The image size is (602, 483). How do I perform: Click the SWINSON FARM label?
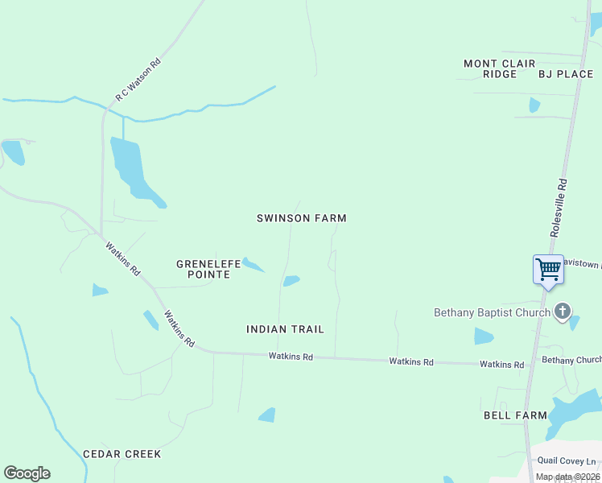click(301, 218)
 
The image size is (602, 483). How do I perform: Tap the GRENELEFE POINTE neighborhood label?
click(204, 269)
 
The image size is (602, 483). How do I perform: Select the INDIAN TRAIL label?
click(285, 329)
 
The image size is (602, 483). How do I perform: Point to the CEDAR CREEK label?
click(122, 454)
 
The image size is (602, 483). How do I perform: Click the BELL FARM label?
click(515, 415)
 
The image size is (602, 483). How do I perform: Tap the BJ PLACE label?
click(566, 74)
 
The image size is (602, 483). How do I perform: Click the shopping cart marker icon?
click(548, 269)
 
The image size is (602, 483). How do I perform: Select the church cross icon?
click(563, 312)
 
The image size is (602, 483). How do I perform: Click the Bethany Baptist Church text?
click(492, 312)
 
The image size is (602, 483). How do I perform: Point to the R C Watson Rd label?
click(138, 79)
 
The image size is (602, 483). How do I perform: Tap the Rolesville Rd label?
click(559, 207)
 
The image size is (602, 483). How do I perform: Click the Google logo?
click(27, 473)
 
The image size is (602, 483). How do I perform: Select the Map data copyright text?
click(567, 477)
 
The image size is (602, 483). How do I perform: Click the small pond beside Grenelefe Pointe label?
click(253, 264)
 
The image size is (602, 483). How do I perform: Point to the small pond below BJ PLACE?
click(534, 105)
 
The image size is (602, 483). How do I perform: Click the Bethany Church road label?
click(571, 360)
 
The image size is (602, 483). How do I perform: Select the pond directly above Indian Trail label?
click(291, 281)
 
